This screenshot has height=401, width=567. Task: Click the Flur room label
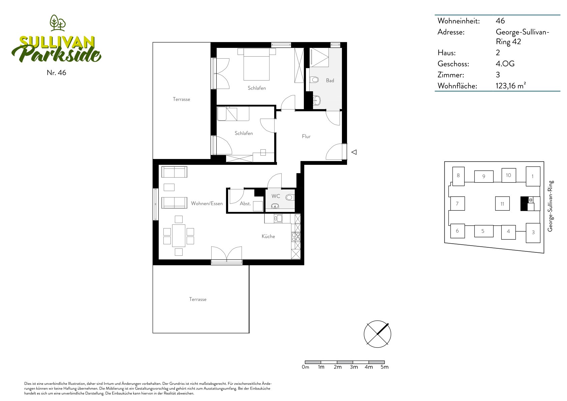[306, 136]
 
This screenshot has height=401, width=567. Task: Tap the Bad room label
[330, 81]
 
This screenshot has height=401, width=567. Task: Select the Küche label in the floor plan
[268, 236]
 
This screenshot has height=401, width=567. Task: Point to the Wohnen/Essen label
[207, 203]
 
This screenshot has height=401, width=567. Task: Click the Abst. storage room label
[245, 204]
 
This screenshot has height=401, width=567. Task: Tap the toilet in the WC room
[290, 197]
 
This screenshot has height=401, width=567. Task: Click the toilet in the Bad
[314, 80]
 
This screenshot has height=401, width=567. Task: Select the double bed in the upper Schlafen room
[256, 64]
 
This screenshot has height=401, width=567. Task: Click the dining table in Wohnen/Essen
[179, 236]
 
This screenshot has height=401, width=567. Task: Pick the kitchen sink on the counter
[278, 218]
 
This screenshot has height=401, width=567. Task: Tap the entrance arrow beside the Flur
[354, 152]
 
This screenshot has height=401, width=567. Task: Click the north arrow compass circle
[377, 334]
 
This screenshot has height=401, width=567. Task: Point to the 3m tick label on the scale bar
[354, 367]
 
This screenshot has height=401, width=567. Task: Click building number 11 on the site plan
[502, 204]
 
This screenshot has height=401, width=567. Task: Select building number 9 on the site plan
[484, 177]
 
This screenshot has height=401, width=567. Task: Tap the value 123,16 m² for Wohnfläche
[510, 86]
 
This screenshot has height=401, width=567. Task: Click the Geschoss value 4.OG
[505, 64]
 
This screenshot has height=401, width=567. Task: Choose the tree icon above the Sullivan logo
[58, 23]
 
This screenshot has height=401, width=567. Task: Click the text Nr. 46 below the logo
[57, 73]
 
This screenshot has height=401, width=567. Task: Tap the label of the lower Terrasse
[198, 299]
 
